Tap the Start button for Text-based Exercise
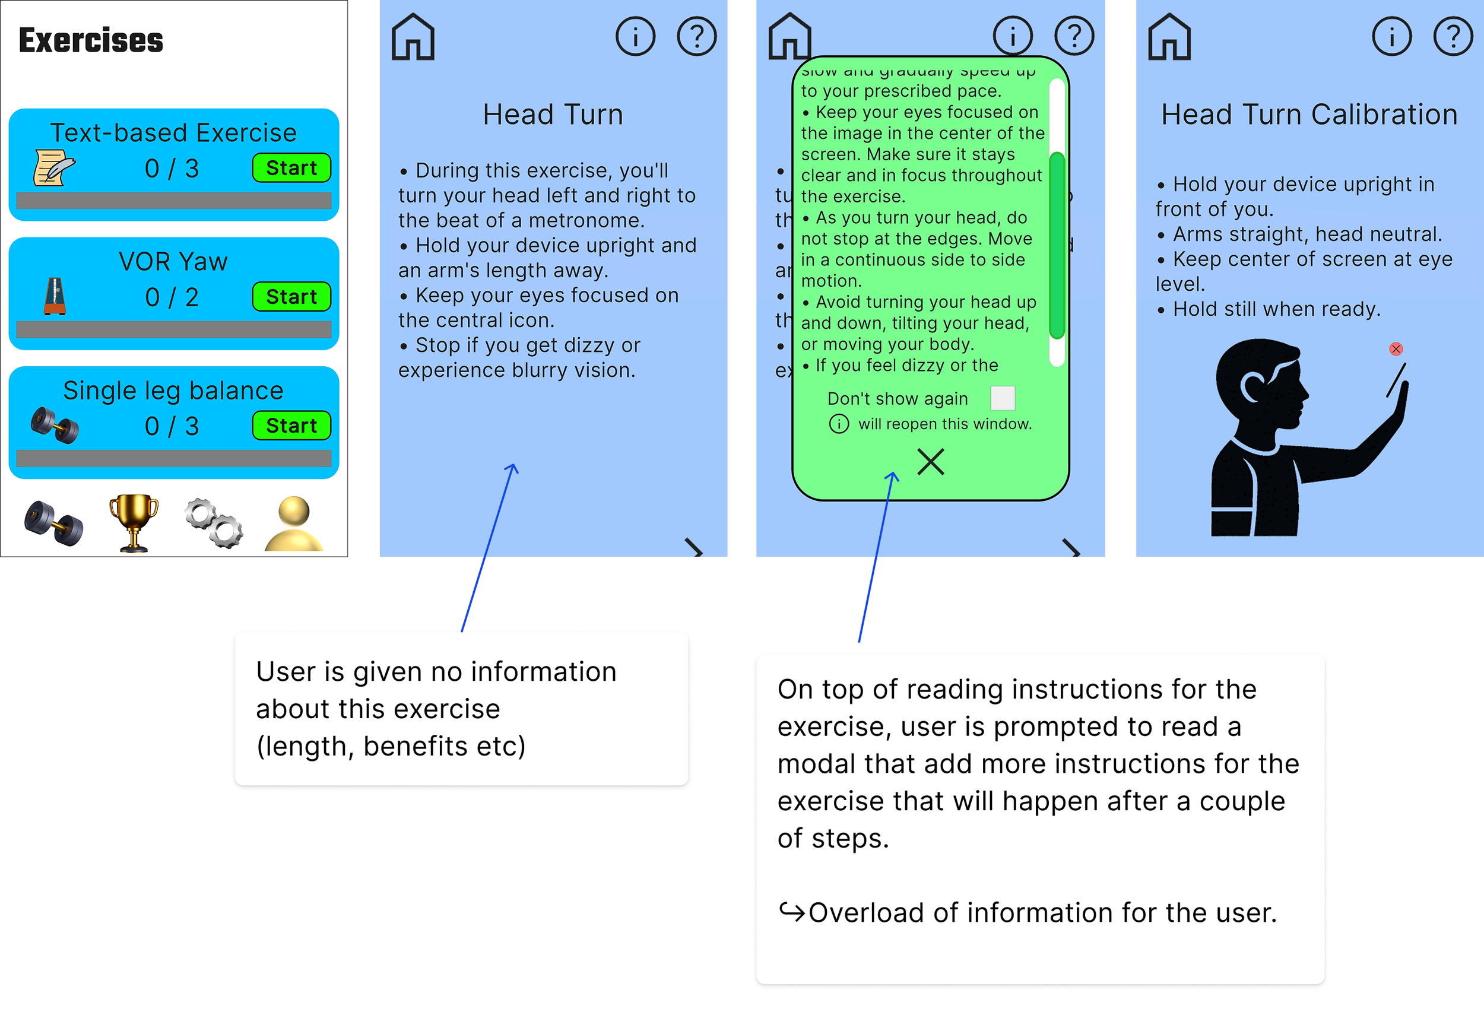[291, 168]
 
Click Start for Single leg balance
[291, 426]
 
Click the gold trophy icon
[134, 522]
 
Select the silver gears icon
[214, 522]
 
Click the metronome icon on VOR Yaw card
[55, 296]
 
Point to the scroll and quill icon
[53, 168]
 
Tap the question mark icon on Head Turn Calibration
[1453, 36]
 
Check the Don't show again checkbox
[1002, 398]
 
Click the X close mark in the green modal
[930, 461]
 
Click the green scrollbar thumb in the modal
[1057, 246]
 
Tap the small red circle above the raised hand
[1396, 348]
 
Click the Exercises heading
[91, 40]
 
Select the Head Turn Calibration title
[1309, 115]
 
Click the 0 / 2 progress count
[172, 297]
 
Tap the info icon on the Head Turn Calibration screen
[1391, 36]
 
